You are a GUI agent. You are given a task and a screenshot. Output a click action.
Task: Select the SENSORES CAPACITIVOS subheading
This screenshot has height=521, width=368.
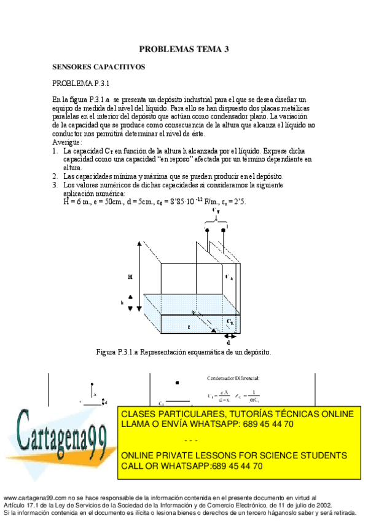coord(98,66)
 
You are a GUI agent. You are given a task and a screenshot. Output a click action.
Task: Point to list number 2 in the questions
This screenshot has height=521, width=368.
coord(55,176)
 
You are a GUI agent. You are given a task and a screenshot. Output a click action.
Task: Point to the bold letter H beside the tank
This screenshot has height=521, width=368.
coord(130,277)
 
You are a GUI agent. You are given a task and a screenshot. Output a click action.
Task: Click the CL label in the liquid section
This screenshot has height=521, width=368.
coord(229,321)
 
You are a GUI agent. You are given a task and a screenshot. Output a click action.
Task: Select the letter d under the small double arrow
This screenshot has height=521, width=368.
coord(229,342)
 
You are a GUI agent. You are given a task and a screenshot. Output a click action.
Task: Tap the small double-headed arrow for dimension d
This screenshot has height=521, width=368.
coord(229,336)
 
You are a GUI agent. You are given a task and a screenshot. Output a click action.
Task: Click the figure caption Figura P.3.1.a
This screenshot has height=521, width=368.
coord(184,352)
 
